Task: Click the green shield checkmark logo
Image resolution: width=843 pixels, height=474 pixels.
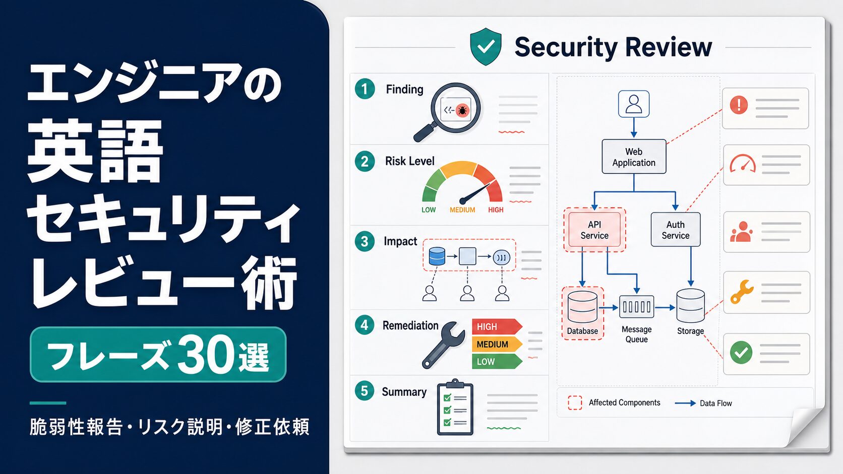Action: [x=486, y=47]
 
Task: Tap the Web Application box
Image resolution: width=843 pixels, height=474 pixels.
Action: [x=634, y=156]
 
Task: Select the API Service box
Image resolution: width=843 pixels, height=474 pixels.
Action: [x=594, y=230]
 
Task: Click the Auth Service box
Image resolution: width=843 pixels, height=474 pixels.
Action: [x=676, y=230]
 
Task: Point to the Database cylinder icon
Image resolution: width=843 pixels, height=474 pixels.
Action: [x=582, y=307]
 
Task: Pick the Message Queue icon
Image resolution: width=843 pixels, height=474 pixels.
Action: [x=636, y=307]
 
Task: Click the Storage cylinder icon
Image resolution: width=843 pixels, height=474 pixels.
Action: [x=691, y=306]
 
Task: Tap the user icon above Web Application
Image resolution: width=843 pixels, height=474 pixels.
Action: [x=634, y=104]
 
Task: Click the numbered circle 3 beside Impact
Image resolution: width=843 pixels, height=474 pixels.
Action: [x=365, y=241]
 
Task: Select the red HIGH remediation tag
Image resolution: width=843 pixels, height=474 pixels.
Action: [x=497, y=326]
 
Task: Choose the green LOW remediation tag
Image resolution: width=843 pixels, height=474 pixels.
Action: [x=497, y=362]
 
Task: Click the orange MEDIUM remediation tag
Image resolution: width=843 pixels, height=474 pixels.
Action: [x=497, y=344]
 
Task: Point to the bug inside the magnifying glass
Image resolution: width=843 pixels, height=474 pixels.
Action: [x=462, y=110]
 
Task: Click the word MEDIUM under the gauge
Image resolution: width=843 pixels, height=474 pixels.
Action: [x=462, y=210]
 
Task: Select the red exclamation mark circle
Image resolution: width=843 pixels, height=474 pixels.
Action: [x=739, y=104]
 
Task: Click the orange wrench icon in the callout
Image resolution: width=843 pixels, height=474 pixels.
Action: [x=742, y=292]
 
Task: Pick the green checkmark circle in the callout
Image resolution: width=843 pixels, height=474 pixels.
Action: [x=741, y=353]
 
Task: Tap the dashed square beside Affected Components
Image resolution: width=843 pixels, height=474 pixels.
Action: [x=575, y=402]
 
